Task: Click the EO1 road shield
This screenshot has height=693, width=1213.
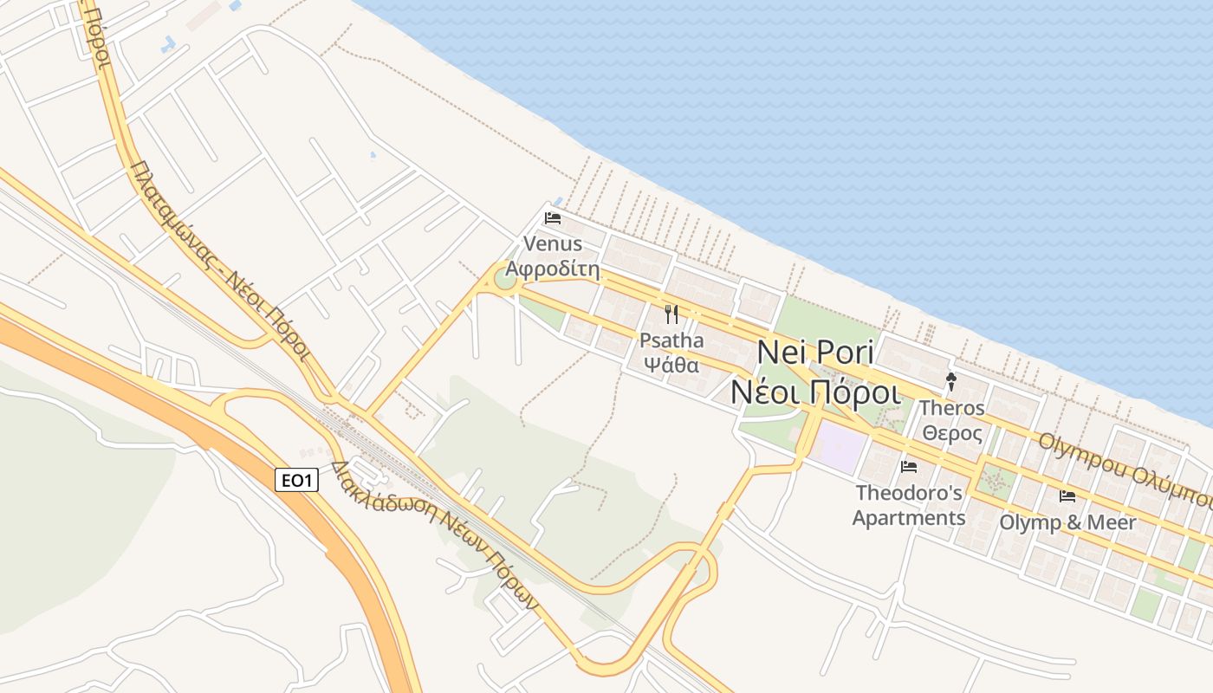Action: pos(296,479)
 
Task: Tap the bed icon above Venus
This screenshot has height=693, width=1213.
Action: pos(553,217)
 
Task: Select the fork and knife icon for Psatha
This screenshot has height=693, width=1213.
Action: pos(671,314)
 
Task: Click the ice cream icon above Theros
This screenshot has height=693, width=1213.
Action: pos(951,381)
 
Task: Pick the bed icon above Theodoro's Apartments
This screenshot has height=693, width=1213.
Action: pos(909,466)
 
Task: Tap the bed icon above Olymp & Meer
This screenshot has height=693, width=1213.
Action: pos(1067,495)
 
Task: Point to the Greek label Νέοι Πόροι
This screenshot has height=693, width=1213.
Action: pos(815,392)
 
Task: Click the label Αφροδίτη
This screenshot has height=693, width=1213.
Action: pos(553,269)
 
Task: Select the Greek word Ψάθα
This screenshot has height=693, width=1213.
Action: pos(671,365)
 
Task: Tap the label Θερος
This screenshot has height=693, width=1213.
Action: pos(952,433)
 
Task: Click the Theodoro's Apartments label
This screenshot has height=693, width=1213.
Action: pos(909,506)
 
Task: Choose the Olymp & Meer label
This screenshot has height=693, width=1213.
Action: pos(1067,522)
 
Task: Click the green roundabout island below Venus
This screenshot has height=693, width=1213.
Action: pos(505,280)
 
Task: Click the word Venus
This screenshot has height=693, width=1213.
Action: pos(553,244)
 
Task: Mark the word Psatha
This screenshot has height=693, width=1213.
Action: pos(671,340)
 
